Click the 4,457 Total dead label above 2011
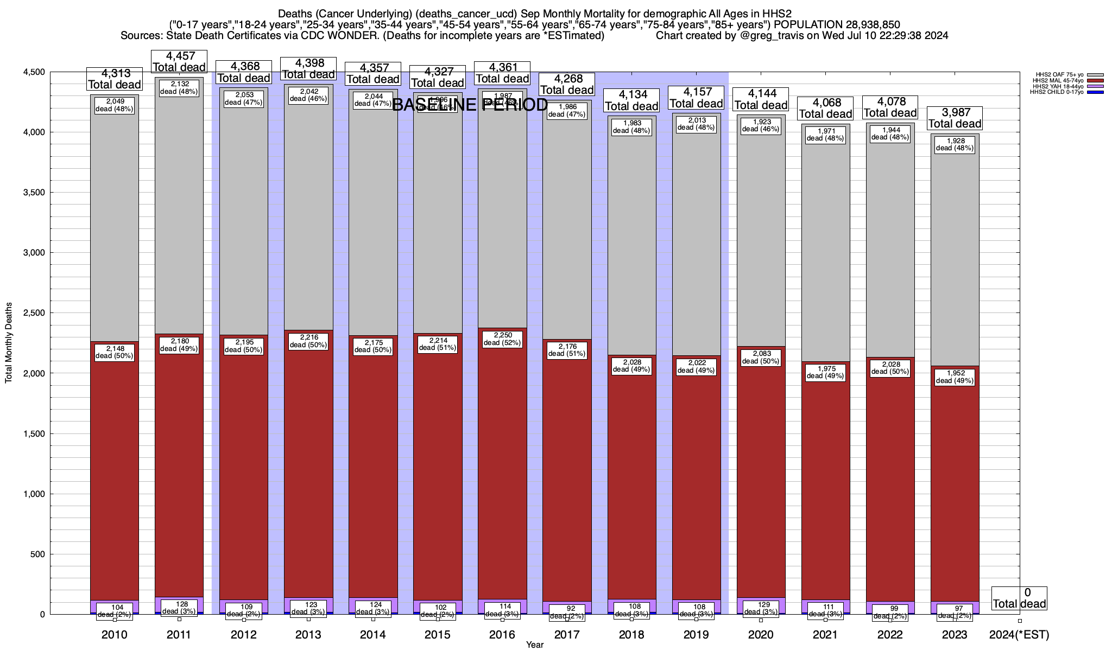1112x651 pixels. coord(179,62)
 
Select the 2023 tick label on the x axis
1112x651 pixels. coord(955,635)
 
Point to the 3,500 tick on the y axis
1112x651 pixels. coord(33,193)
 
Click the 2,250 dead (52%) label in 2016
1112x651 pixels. coord(502,339)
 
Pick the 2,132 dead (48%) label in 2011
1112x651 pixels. coord(179,88)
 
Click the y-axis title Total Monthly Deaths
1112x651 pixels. coord(9,342)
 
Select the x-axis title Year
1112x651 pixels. coord(534,645)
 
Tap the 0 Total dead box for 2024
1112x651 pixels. coord(1019,598)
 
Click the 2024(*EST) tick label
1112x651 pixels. coord(1019,635)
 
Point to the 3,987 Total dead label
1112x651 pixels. coord(955,118)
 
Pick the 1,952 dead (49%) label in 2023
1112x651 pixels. coord(955,377)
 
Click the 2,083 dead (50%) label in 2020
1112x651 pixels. coord(761,358)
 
